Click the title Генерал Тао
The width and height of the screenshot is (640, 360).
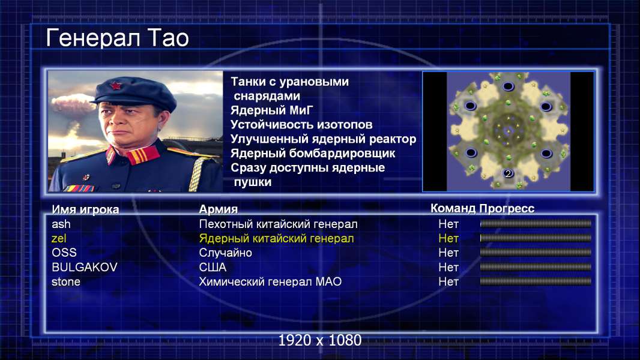118,38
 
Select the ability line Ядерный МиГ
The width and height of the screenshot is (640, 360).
272,110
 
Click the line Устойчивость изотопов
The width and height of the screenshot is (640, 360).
301,125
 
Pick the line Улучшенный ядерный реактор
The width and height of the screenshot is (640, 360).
323,139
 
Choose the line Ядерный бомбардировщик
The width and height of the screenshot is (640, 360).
313,154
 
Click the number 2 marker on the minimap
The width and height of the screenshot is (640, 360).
508,173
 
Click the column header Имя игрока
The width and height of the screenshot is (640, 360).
85,209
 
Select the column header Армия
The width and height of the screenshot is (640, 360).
219,209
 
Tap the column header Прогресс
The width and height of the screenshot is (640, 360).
507,209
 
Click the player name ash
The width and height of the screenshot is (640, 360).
61,224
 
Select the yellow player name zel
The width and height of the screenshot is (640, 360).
59,239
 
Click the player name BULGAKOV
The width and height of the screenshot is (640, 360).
85,268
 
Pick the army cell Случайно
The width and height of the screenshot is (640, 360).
225,253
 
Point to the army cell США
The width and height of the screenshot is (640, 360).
213,268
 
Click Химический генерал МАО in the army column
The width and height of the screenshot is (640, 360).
270,282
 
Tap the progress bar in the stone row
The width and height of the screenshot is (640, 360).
536,281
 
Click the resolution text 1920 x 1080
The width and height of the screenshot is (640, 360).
320,340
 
